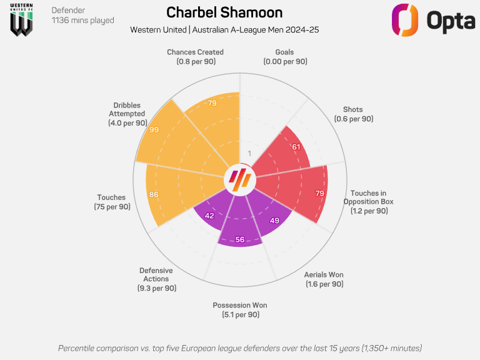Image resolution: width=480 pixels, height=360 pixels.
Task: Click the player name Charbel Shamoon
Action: click(x=224, y=12)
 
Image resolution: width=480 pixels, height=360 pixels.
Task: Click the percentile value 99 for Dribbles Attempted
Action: click(x=154, y=129)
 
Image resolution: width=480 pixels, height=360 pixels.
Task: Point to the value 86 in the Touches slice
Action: click(x=154, y=194)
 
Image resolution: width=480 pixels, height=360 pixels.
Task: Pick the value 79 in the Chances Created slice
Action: click(x=212, y=103)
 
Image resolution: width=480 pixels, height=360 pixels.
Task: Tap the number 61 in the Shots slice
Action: click(x=296, y=147)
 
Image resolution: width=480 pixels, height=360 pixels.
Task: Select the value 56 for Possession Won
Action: click(x=240, y=239)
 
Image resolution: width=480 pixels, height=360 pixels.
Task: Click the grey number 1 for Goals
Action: click(x=249, y=154)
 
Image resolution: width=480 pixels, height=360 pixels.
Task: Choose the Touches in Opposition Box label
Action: click(x=368, y=202)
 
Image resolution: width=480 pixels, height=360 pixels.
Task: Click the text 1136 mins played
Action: click(x=82, y=21)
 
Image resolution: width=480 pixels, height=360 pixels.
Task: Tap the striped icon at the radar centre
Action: click(x=240, y=179)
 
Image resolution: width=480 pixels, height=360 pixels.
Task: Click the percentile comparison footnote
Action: click(x=240, y=347)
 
